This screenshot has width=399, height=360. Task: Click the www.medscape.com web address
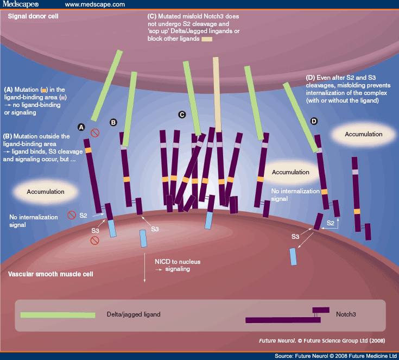pos(94,5)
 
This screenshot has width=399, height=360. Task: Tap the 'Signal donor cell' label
pos(33,16)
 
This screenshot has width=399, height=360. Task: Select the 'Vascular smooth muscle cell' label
pos(50,274)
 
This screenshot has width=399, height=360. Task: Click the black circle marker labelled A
pos(81,127)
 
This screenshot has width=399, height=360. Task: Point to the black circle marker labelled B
pos(113,123)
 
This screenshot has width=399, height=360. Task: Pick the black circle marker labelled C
pos(182,115)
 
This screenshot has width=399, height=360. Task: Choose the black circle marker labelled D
pos(313,121)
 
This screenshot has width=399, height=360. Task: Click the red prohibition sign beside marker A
pos(94,132)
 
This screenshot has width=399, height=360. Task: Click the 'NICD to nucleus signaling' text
pos(178,266)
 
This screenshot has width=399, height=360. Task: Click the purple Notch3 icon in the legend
pos(287,316)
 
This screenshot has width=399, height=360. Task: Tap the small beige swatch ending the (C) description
pos(207,39)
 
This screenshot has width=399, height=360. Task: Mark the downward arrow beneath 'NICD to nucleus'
pos(145,266)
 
